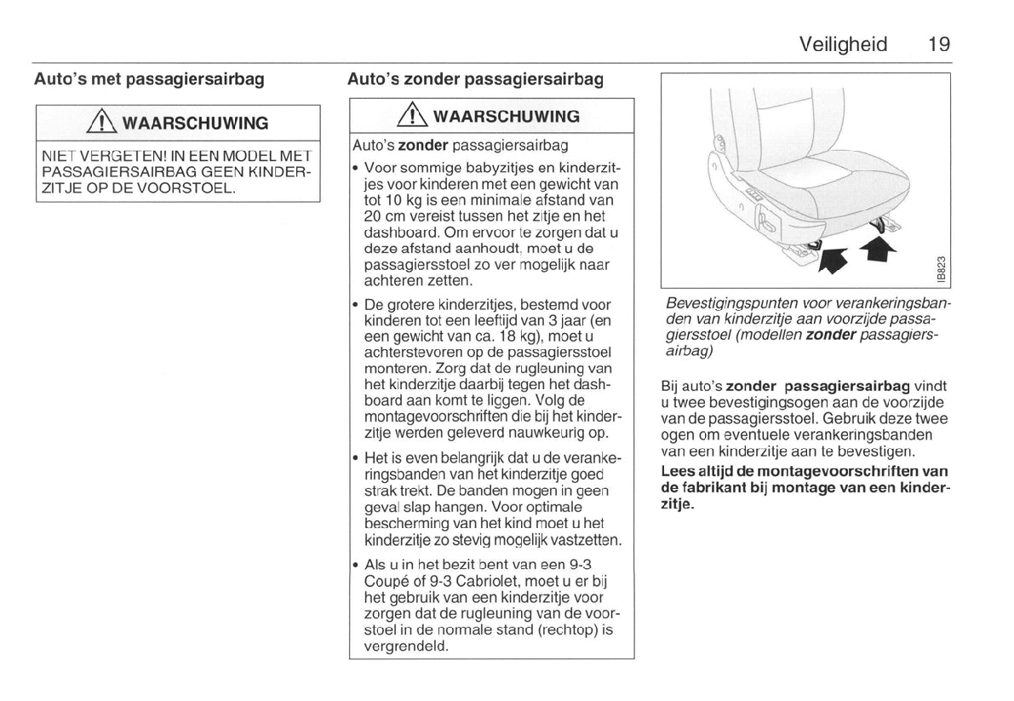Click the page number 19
[939, 44]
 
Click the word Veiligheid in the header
[843, 44]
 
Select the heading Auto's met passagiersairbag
[149, 80]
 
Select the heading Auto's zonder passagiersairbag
[475, 80]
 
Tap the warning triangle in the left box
[107, 123]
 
